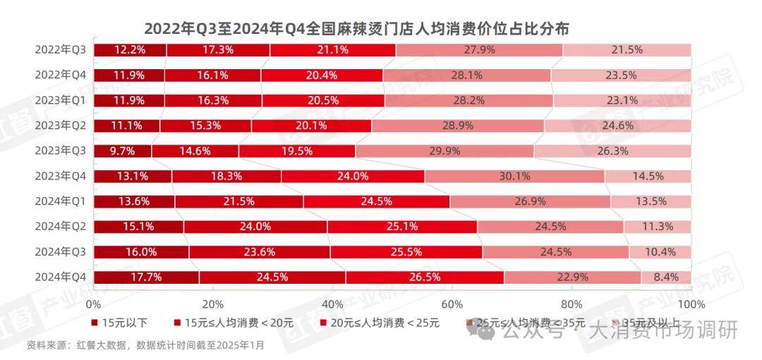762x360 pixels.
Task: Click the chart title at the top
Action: tap(357, 29)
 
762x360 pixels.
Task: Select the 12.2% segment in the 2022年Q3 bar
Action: tap(130, 49)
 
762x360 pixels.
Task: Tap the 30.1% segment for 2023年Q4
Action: tap(514, 176)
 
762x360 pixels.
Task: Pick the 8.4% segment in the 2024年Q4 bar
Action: tap(665, 277)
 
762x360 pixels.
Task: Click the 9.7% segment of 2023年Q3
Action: tap(122, 151)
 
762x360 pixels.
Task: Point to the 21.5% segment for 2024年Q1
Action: tap(239, 201)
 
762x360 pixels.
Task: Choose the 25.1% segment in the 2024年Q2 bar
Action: tap(402, 227)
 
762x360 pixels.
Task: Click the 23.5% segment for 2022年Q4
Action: tap(620, 75)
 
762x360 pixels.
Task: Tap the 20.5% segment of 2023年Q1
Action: tap(323, 100)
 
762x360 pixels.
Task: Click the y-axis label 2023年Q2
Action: tap(61, 126)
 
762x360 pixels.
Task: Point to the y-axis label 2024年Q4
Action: tap(61, 277)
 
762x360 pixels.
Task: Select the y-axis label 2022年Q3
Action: tap(61, 49)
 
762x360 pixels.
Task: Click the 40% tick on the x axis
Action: tap(332, 304)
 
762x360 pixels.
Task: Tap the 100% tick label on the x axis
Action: tap(690, 304)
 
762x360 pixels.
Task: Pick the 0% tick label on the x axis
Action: tap(93, 304)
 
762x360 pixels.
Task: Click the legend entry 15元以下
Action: tap(121, 323)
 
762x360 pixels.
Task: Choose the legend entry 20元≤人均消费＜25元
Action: tap(380, 323)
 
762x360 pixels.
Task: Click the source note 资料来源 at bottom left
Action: tap(145, 345)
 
